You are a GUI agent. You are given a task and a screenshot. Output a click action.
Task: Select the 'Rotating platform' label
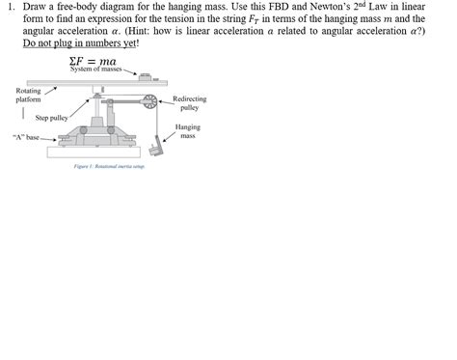(x=28, y=95)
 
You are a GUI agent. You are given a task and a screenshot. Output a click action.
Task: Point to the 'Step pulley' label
(x=50, y=118)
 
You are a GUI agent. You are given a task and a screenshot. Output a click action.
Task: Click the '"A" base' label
(x=25, y=137)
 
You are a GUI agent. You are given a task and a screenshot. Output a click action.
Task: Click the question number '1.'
(x=9, y=7)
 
